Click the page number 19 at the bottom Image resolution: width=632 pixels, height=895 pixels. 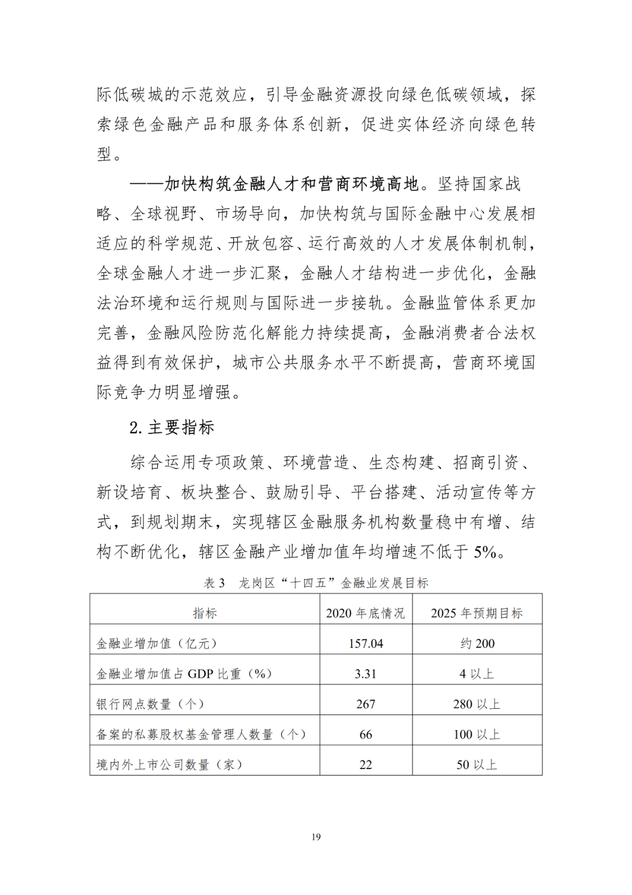click(316, 836)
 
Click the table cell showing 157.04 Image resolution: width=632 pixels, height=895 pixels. click(366, 643)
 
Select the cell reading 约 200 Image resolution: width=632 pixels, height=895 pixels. click(477, 643)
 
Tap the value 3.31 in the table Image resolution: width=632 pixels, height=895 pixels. click(366, 674)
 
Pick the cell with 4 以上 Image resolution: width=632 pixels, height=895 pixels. click(477, 674)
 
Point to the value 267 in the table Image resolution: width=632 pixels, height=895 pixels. click(366, 704)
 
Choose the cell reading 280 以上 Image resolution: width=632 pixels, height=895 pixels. click(477, 704)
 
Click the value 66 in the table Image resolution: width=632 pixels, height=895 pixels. click(366, 735)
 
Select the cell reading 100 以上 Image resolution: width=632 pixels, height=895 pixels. click(477, 735)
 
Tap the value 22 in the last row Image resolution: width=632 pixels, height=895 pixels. click(366, 764)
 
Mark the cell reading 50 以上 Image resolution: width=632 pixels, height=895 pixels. click(477, 764)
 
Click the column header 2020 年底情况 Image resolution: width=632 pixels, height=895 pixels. click(366, 613)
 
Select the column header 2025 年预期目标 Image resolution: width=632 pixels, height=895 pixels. click(477, 613)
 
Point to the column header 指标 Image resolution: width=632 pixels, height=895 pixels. click(205, 613)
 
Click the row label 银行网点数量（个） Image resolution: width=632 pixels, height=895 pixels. click(150, 704)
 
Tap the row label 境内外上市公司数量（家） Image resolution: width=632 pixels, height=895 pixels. click(169, 764)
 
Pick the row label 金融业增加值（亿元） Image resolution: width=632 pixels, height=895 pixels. click(157, 643)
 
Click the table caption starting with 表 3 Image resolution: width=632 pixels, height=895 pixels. click(316, 583)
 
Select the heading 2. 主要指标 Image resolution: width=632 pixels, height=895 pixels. click(172, 428)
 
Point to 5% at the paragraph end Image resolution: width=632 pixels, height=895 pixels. click(485, 552)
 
